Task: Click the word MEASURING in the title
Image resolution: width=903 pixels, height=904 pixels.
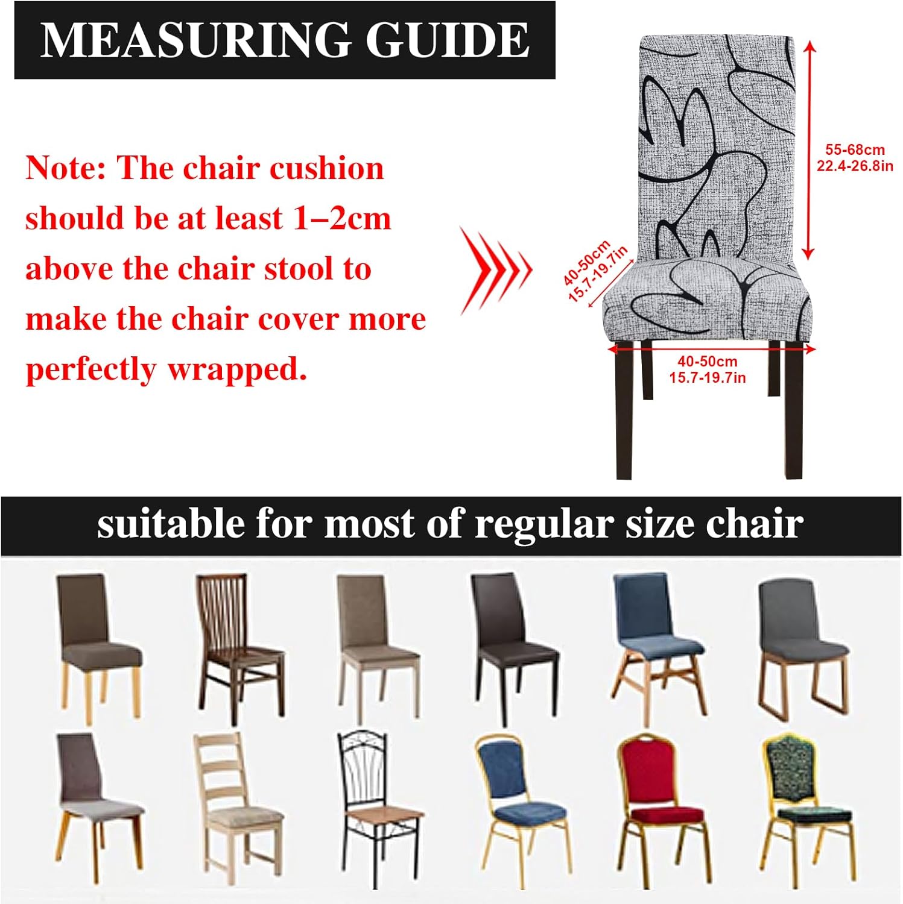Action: click(x=195, y=40)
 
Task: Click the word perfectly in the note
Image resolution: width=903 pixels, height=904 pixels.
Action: click(x=90, y=370)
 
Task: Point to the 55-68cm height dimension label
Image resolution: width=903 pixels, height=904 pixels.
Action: click(x=855, y=150)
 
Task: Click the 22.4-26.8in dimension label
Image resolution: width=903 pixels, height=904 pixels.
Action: click(x=855, y=166)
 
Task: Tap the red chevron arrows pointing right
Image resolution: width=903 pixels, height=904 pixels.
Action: click(x=496, y=270)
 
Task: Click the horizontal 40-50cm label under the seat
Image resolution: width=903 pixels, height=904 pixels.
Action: click(x=708, y=362)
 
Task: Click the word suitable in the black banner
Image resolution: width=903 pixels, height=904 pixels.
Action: click(x=170, y=523)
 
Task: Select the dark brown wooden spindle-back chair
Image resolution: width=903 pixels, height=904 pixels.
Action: click(x=240, y=648)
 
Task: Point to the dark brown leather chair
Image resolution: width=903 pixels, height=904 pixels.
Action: click(x=513, y=648)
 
